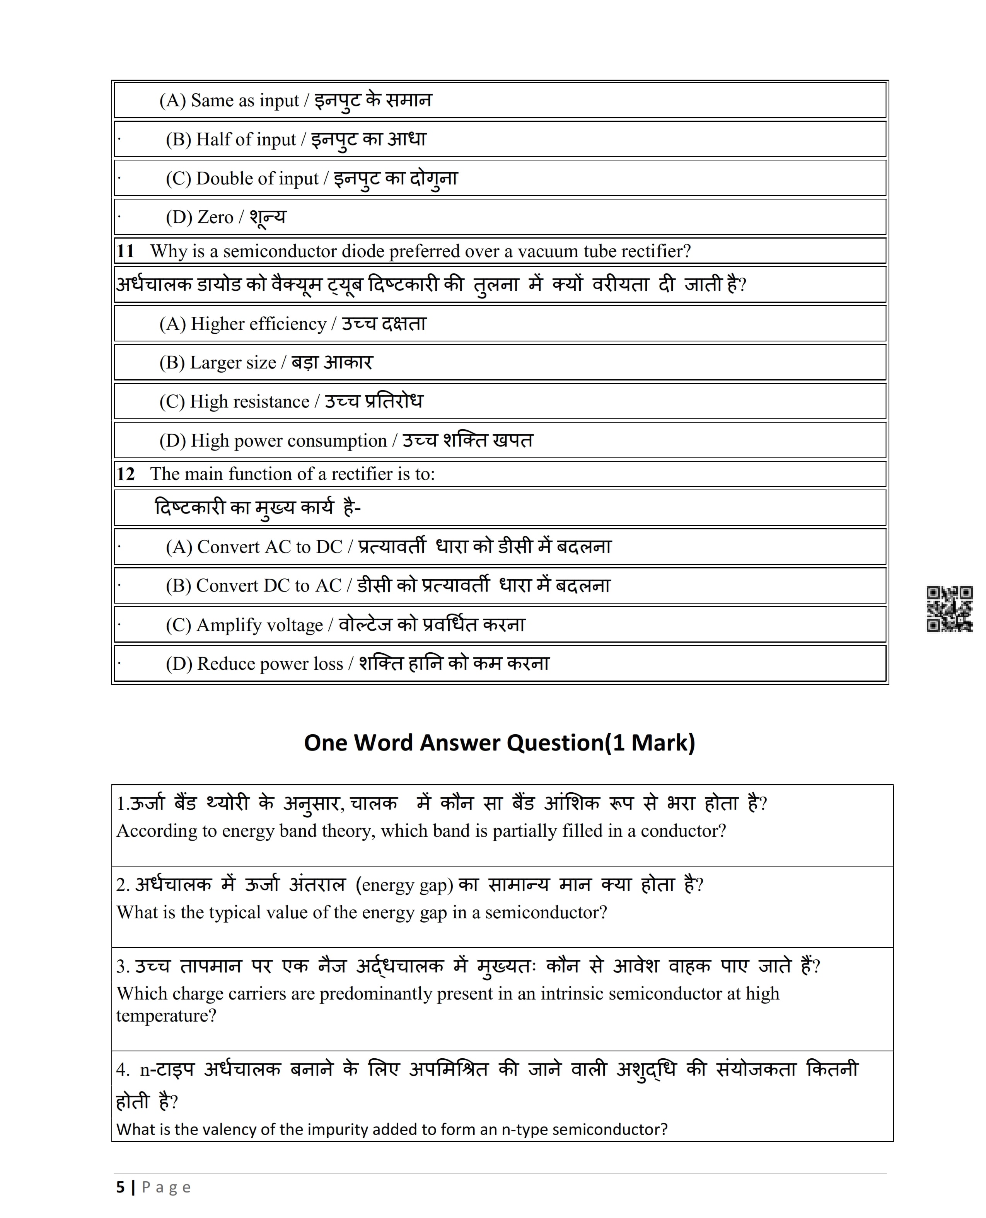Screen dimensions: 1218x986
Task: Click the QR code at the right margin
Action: pos(949,609)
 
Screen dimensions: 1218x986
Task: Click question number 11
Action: pos(126,251)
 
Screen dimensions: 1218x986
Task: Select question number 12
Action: pos(126,474)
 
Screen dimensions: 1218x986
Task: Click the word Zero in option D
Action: pos(215,217)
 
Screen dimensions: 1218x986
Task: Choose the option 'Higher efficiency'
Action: pos(258,324)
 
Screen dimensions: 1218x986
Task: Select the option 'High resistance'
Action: pos(249,402)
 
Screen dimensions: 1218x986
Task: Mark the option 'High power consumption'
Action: pos(288,441)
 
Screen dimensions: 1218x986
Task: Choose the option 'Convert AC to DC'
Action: pos(270,547)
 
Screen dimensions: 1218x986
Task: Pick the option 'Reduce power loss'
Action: pos(270,664)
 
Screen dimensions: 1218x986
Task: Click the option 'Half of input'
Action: pos(246,140)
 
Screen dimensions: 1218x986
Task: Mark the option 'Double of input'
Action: pos(257,179)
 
